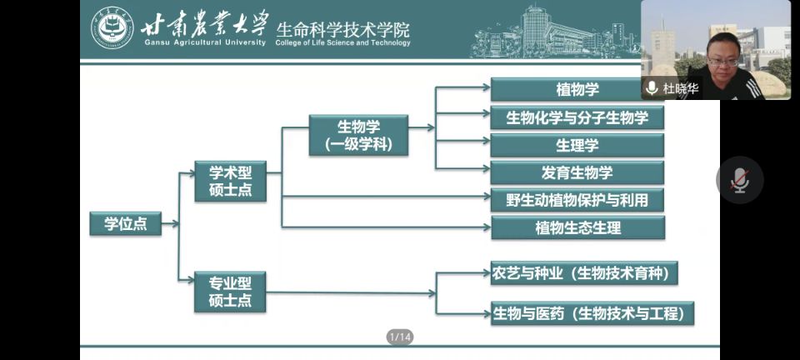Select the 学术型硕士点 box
230,182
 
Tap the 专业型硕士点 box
230,292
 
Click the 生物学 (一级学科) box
358,135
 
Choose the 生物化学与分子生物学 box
577,117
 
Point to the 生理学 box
577,145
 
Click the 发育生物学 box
577,172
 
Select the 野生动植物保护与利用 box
577,200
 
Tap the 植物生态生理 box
577,227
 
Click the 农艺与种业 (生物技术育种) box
583,272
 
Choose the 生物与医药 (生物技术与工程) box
592,313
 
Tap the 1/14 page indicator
400,337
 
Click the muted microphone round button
739,180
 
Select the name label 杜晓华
681,88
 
